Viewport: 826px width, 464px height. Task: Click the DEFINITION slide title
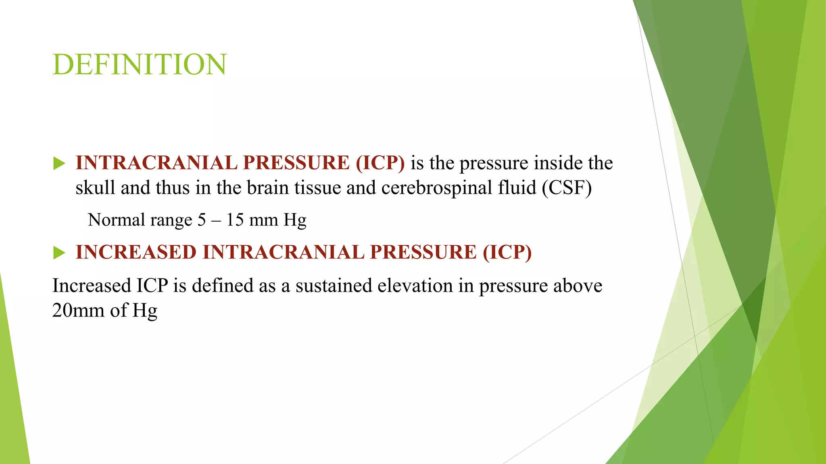click(140, 64)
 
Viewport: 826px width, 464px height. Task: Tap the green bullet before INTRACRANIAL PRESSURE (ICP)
click(59, 164)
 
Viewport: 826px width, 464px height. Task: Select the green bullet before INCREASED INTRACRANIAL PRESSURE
click(59, 253)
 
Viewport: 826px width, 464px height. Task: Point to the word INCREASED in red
click(136, 253)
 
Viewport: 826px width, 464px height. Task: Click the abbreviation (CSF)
click(567, 188)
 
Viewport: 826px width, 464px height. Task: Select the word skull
click(95, 188)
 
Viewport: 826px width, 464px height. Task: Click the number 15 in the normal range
click(235, 220)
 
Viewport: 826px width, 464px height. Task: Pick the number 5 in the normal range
click(202, 220)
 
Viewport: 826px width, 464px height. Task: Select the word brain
click(267, 188)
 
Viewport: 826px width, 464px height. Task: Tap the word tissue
click(317, 188)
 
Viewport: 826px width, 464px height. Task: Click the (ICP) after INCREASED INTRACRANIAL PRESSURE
click(507, 253)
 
